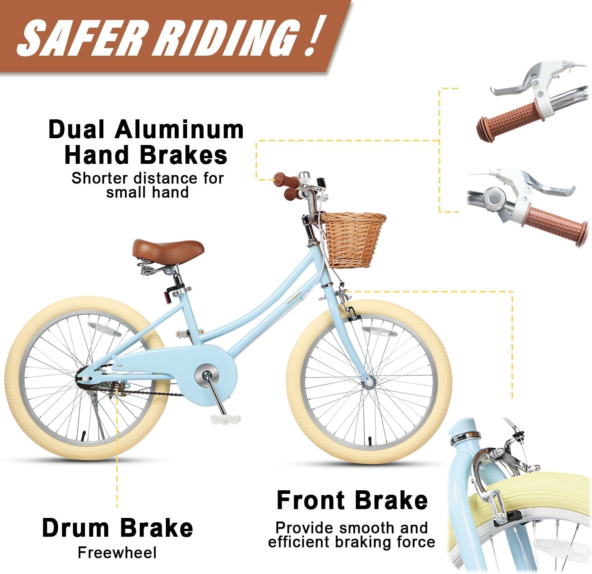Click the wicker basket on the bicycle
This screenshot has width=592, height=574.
click(354, 240)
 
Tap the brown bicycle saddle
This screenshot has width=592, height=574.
click(168, 249)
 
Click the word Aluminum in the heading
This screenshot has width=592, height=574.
click(179, 130)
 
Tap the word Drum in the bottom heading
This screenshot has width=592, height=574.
click(75, 502)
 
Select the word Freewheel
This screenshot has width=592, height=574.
click(117, 527)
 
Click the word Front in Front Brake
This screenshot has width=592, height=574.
click(310, 475)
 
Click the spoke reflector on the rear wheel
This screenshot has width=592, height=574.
click(105, 328)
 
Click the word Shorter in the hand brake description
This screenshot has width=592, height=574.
click(99, 178)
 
